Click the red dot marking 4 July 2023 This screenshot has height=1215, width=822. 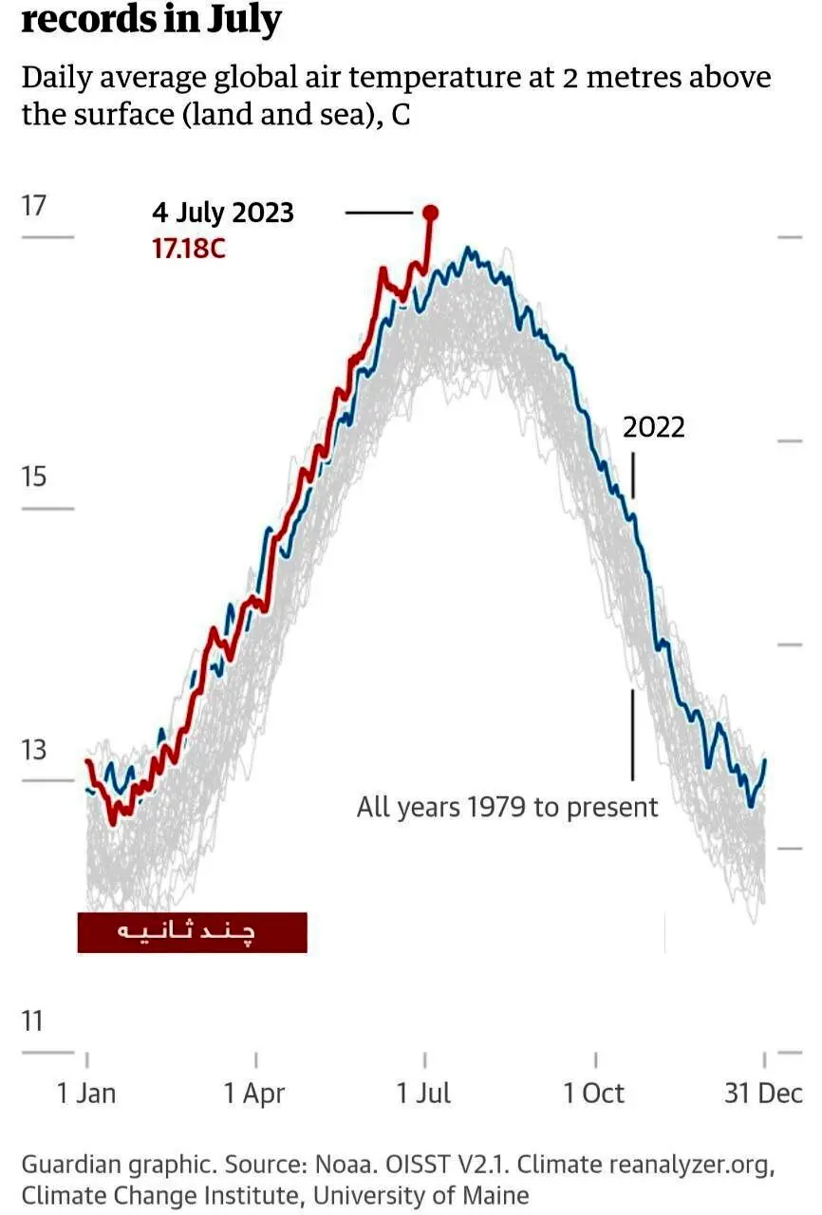[x=431, y=214]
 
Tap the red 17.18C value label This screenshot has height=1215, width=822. [x=188, y=249]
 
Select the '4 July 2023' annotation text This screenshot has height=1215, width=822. [x=223, y=213]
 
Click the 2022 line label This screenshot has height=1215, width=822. [x=653, y=427]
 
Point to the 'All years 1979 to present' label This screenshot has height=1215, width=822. [x=507, y=807]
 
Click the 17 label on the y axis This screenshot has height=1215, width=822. [x=33, y=206]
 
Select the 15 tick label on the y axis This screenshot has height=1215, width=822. [x=33, y=477]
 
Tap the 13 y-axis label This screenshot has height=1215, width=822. [x=33, y=750]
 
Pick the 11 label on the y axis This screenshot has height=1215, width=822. [x=32, y=1020]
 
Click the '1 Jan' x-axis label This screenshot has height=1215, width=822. [x=86, y=1093]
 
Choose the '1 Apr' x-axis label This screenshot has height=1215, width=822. [x=254, y=1093]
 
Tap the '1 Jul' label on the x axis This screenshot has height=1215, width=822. [x=423, y=1093]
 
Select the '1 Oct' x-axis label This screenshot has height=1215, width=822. [x=594, y=1093]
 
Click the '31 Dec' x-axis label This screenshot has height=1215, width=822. [x=763, y=1093]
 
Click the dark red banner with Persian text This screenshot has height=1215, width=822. [x=193, y=932]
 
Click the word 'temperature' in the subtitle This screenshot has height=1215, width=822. [x=451, y=78]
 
